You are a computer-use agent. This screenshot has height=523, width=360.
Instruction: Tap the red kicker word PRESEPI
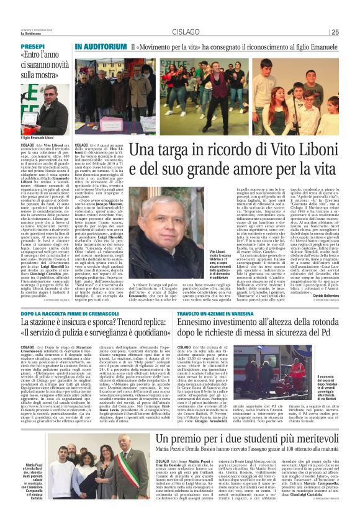[x=32, y=47]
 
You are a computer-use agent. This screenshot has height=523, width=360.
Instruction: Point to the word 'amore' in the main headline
[x=276, y=168]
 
